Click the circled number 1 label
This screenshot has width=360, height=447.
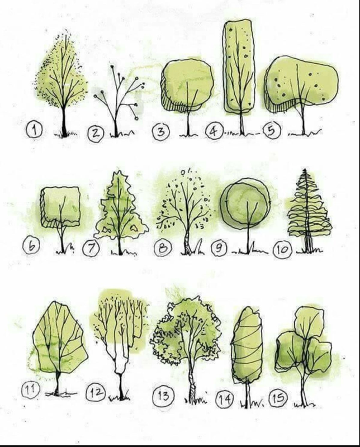coord(34,130)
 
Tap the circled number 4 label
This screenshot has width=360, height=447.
coord(214,131)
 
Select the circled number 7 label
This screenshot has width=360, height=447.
coord(91,249)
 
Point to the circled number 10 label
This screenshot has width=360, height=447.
coord(282,250)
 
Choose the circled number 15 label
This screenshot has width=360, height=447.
coord(278,397)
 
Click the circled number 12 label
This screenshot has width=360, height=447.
coord(96,393)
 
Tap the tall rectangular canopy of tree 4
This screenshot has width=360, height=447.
coord(239,66)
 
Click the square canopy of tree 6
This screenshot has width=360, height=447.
coord(60,206)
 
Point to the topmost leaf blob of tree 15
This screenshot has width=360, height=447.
coord(309,322)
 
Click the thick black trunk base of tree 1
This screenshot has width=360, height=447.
coord(65,125)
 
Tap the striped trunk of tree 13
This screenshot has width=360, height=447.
coord(192,385)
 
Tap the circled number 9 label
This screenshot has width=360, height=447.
coord(219,248)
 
